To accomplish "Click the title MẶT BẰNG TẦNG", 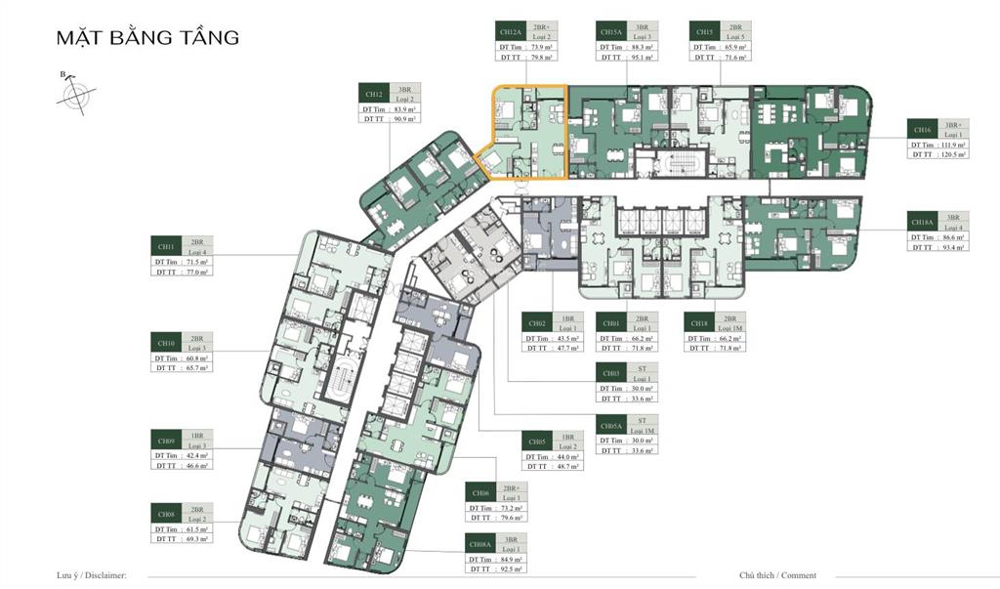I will [x=147, y=38].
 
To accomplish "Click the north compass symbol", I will [x=74, y=95].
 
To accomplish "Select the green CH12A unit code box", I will [x=510, y=31].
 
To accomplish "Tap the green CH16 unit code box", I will [x=923, y=129].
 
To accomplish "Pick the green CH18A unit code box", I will [x=923, y=222].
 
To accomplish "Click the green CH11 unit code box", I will [x=166, y=246].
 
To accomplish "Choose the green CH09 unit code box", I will [x=166, y=441].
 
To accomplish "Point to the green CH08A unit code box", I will [x=480, y=541].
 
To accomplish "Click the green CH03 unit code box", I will [x=611, y=373].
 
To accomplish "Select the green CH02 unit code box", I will [x=537, y=323].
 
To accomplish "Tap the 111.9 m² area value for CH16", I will [x=950, y=144].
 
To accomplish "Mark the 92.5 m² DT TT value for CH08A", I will [x=511, y=568].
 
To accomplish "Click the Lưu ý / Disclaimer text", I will [x=92, y=576].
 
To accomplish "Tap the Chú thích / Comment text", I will [x=777, y=576].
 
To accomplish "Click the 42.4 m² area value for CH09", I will [x=195, y=455].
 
